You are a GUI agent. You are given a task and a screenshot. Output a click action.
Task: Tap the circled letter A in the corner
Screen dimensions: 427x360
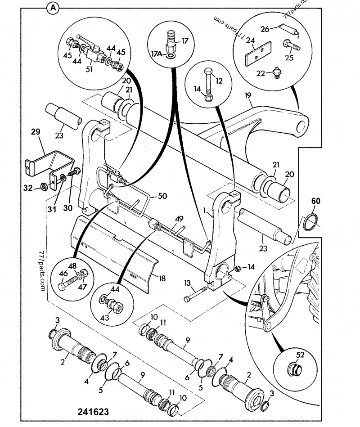coord(53,7)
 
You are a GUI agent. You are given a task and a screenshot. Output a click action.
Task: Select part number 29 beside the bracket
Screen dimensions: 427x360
coord(35,132)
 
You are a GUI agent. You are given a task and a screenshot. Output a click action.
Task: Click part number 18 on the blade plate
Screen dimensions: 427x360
coord(162,279)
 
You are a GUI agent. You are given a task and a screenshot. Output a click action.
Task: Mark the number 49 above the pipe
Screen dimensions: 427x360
coord(179,219)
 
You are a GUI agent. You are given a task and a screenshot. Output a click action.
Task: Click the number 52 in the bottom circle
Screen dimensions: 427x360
coord(300,355)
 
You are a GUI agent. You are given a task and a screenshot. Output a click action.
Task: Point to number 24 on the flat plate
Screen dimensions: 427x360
coord(250,40)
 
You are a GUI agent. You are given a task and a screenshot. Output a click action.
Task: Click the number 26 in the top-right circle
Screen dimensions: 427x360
coord(265,29)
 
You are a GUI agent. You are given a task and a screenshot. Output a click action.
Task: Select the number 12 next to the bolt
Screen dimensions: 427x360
coord(219,81)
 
